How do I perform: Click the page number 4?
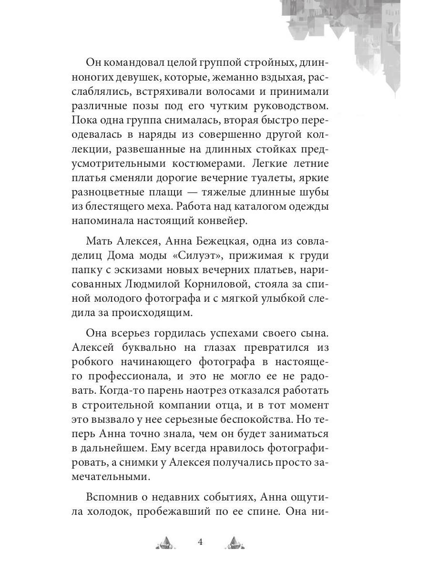point(200,542)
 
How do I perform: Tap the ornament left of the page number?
point(165,542)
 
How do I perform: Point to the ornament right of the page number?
point(234,542)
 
